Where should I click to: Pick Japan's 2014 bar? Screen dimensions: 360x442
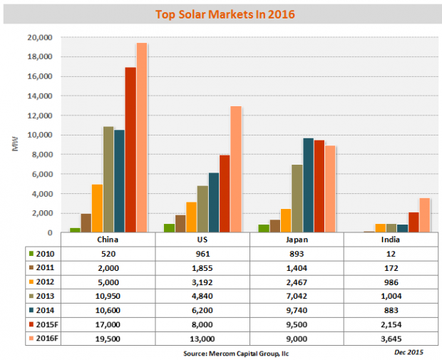(308, 185)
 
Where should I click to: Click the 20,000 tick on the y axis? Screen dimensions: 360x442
(38, 37)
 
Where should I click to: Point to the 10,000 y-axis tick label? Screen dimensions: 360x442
(38, 135)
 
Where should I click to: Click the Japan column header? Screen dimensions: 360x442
(297, 240)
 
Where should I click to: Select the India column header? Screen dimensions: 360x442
(391, 240)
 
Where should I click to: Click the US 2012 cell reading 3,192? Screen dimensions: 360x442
(202, 282)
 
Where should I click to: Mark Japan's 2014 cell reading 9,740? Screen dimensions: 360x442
(297, 310)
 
